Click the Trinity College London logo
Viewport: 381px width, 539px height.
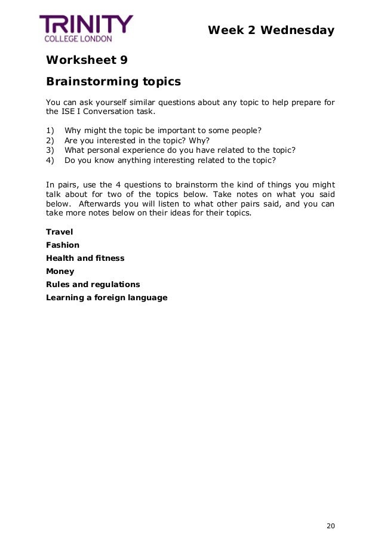point(86,28)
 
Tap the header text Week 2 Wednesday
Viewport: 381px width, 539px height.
point(271,30)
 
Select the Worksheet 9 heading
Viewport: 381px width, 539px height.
point(87,60)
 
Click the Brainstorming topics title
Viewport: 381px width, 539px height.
point(113,81)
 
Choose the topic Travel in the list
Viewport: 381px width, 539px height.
point(59,232)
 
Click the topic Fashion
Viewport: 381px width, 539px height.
point(63,245)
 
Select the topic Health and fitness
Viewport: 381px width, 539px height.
point(85,258)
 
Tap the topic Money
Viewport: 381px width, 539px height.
point(60,271)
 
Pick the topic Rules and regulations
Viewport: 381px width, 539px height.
point(93,284)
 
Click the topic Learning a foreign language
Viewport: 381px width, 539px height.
point(106,297)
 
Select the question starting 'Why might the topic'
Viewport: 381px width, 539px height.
point(163,131)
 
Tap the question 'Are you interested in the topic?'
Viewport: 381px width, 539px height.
point(137,140)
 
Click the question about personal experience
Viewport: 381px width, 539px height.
point(180,150)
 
